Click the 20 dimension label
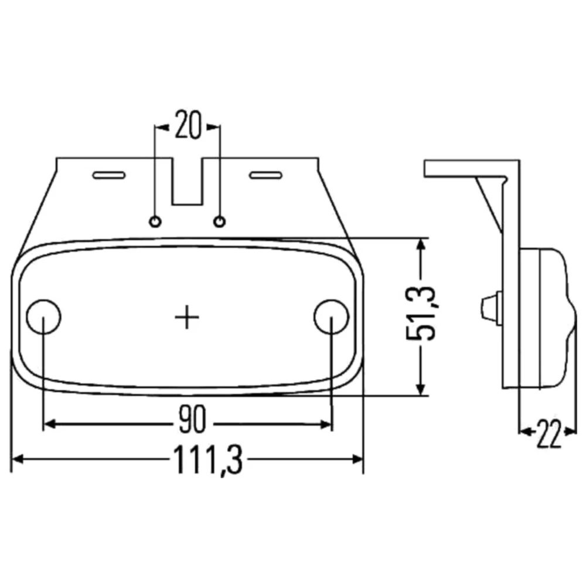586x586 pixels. click(x=188, y=124)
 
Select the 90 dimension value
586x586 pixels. click(x=192, y=420)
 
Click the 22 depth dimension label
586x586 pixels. click(x=549, y=434)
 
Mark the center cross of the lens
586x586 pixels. click(x=187, y=317)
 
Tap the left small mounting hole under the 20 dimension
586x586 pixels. click(x=155, y=222)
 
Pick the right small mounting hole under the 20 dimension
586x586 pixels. click(x=219, y=222)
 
